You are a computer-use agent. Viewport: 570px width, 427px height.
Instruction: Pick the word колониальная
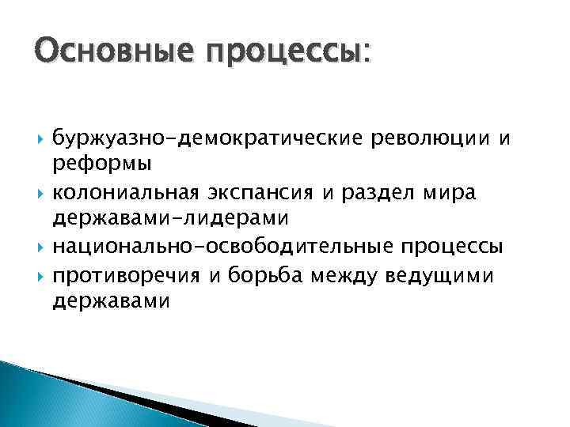132,193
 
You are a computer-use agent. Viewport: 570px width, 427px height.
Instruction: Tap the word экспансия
269,193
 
